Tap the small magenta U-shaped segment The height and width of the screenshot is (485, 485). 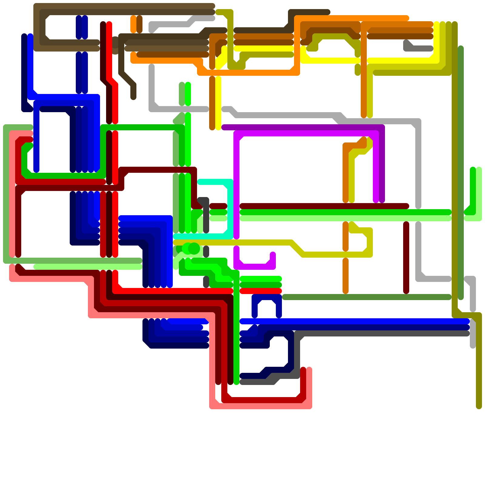coord(255,267)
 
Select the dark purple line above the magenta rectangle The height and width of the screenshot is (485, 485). coord(303,127)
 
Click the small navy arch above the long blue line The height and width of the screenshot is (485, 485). coord(267,297)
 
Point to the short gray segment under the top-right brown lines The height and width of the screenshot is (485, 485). coord(421,48)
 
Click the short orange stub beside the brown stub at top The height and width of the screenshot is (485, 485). coord(133,24)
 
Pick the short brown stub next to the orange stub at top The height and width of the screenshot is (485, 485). coord(139,24)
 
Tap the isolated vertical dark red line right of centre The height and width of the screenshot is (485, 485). coord(406,258)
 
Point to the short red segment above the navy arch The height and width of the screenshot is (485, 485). coord(261,291)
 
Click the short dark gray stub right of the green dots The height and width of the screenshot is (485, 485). coord(206,252)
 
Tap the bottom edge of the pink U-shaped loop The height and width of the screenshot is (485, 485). coord(261,406)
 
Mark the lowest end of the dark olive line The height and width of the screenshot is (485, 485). coord(479,406)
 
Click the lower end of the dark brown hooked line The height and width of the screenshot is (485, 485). coord(133,97)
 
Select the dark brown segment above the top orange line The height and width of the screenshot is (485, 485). coord(309,12)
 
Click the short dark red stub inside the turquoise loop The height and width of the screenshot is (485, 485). coord(218,206)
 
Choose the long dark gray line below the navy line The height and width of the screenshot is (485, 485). coord(382,333)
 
